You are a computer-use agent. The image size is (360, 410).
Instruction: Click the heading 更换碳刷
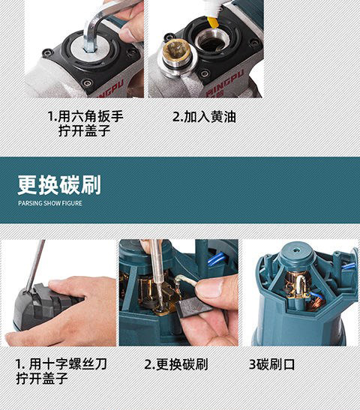tap(59, 185)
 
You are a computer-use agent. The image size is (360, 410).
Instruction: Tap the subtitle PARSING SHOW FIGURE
tap(50, 203)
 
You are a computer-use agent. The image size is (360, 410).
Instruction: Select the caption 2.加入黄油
tap(204, 117)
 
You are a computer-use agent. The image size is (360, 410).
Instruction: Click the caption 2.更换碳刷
tap(176, 364)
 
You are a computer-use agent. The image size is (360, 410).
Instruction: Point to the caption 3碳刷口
tap(271, 364)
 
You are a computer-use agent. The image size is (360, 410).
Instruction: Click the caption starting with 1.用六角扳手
tap(85, 124)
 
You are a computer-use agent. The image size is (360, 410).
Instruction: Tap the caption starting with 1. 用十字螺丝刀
tap(61, 371)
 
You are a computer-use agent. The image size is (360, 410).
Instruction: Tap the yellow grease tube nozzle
tap(213, 22)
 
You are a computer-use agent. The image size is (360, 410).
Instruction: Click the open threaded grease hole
tap(212, 40)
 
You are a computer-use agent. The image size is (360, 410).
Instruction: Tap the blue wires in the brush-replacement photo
tap(217, 259)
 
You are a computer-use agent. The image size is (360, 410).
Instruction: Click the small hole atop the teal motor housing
tap(296, 250)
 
